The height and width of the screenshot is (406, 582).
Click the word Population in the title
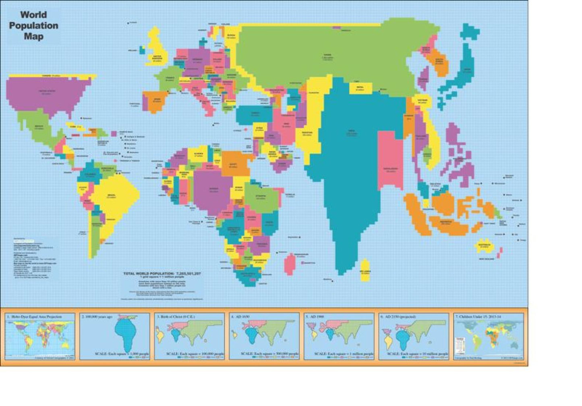click(33, 25)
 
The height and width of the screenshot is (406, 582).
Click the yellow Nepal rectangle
click(360, 88)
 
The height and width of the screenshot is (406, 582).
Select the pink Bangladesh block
click(390, 161)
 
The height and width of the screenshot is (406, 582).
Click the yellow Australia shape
click(484, 246)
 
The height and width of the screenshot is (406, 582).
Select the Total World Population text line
click(162, 273)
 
